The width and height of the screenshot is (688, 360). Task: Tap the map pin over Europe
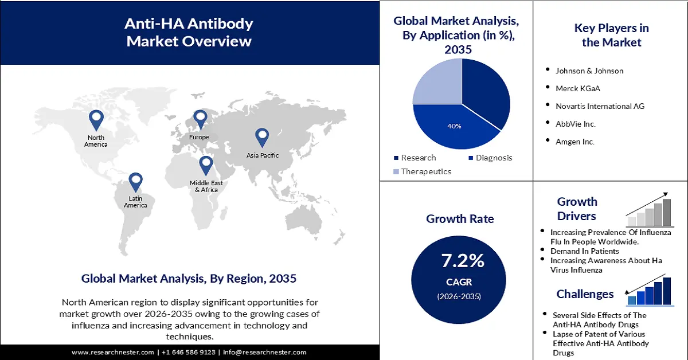[x=200, y=119]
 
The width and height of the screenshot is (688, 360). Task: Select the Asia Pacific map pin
[x=262, y=137]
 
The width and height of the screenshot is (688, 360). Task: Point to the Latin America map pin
[x=135, y=182]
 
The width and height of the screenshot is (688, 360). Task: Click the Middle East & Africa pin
[x=206, y=165]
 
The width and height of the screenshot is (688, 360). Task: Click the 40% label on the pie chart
[x=454, y=126]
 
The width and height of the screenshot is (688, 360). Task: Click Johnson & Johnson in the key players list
[x=589, y=71]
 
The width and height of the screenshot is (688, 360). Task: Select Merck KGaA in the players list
[x=578, y=88]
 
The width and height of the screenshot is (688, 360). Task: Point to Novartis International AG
[x=600, y=106]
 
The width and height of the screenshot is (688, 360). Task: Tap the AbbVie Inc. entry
[x=576, y=124]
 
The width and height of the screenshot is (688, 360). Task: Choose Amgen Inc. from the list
[x=575, y=141]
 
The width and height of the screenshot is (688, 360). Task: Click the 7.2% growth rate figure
[x=462, y=261]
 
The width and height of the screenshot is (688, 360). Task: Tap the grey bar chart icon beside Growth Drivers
[x=650, y=210]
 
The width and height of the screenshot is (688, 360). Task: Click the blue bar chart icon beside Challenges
[x=650, y=291]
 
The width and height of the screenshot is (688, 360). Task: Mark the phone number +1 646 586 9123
[x=189, y=353]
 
